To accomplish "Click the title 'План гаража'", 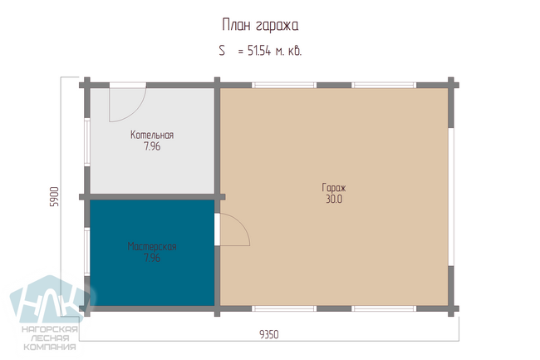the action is pyautogui.click(x=260, y=26).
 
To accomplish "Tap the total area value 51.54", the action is pyautogui.click(x=259, y=51).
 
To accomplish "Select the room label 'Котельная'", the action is pyautogui.click(x=152, y=135).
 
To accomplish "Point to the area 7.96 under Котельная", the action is pyautogui.click(x=152, y=146).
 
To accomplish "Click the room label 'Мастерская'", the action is pyautogui.click(x=152, y=246).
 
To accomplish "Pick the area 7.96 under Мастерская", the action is pyautogui.click(x=152, y=258).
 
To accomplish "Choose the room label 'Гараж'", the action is pyautogui.click(x=334, y=188).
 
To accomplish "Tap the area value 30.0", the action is pyautogui.click(x=334, y=199).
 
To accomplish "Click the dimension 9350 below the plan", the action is pyautogui.click(x=269, y=334).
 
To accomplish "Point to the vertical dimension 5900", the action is pyautogui.click(x=54, y=196).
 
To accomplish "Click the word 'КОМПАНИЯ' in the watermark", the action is pyautogui.click(x=50, y=347).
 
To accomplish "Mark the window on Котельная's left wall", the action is pyautogui.click(x=87, y=142).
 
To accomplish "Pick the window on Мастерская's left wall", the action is pyautogui.click(x=87, y=251).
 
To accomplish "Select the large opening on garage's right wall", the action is pyautogui.click(x=451, y=197).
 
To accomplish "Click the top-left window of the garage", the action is pyautogui.click(x=284, y=85).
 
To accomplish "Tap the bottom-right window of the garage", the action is pyautogui.click(x=384, y=308).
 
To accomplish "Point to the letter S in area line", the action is pyautogui.click(x=222, y=51).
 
